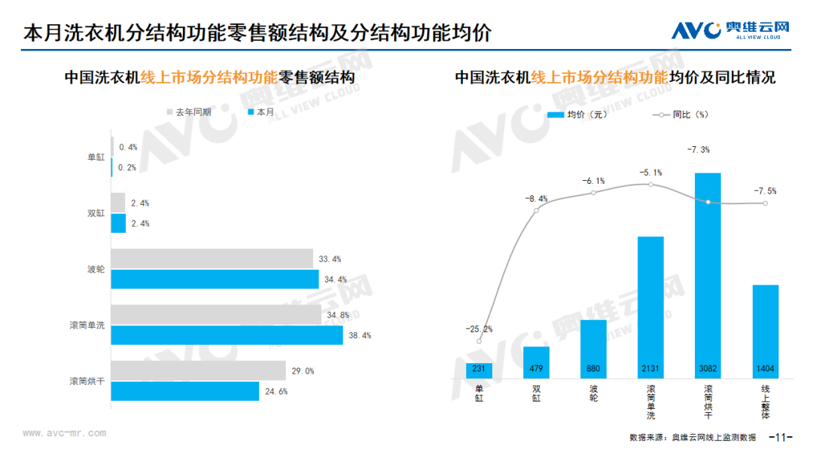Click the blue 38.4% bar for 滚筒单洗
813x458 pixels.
[227, 335]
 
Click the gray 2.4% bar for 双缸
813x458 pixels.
[118, 203]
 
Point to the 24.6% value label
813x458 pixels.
[276, 392]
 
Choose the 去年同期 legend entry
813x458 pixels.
[188, 111]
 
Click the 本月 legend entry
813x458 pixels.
[260, 111]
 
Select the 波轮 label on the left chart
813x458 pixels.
[96, 269]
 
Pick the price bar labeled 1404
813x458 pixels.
[765, 331]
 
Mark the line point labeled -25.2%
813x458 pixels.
[480, 341]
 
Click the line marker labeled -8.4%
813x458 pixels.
[537, 210]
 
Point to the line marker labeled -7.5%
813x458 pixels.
[765, 203]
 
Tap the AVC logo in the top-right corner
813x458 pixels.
[729, 31]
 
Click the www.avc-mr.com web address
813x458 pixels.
[64, 433]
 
